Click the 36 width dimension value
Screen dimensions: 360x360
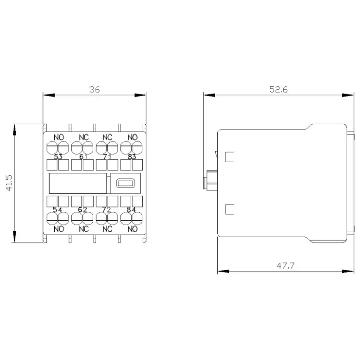(x=94, y=89)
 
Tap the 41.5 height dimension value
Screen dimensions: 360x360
(x=10, y=183)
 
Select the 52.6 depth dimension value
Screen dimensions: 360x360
(x=278, y=89)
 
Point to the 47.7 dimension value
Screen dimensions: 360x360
(x=285, y=266)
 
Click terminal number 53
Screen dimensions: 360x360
(x=58, y=157)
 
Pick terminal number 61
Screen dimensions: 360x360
(x=83, y=157)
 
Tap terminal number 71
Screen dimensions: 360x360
(x=107, y=157)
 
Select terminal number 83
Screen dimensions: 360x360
(x=132, y=157)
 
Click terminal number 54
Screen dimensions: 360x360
(x=58, y=210)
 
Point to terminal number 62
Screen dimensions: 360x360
(x=83, y=210)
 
